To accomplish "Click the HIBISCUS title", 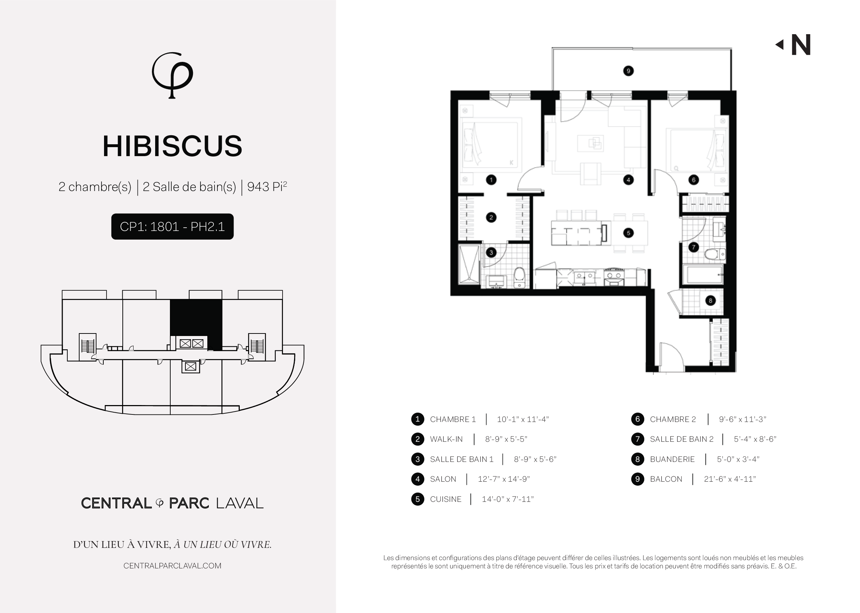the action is pyautogui.click(x=172, y=146).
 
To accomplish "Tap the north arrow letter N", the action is pyautogui.click(x=801, y=45).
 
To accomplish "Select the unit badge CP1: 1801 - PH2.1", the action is pyautogui.click(x=172, y=227).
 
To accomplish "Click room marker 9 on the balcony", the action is pyautogui.click(x=628, y=71).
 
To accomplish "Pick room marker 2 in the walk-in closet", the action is pyautogui.click(x=491, y=217).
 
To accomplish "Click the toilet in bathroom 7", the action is pyautogui.click(x=715, y=254).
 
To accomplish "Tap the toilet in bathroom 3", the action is pyautogui.click(x=520, y=277).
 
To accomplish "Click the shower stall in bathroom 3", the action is pyautogui.click(x=469, y=264).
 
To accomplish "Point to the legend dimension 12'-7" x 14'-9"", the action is pyautogui.click(x=504, y=479).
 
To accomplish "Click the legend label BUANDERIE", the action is pyautogui.click(x=672, y=459).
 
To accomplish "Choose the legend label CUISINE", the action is pyautogui.click(x=446, y=499).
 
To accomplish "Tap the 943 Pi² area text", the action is pyautogui.click(x=267, y=186).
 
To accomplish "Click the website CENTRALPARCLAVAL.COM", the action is pyautogui.click(x=172, y=566).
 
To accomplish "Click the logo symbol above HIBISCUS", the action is pyautogui.click(x=172, y=75).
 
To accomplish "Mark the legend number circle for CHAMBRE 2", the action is pyautogui.click(x=637, y=419).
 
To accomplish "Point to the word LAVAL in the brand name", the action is pyautogui.click(x=240, y=503).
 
